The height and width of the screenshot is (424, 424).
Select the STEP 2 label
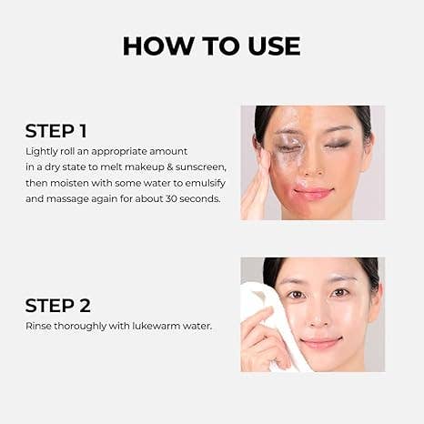point(57,305)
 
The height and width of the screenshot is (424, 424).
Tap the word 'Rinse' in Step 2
point(38,326)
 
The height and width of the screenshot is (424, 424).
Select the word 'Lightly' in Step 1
point(40,149)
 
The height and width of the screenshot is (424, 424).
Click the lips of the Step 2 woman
point(320,343)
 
